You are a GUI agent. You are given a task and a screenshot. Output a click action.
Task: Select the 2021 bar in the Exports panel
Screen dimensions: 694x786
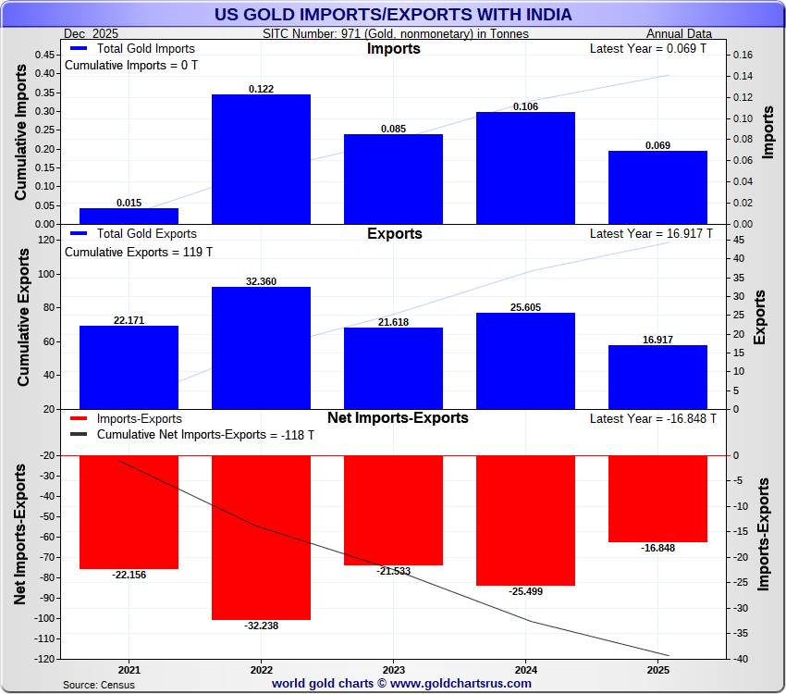pos(129,366)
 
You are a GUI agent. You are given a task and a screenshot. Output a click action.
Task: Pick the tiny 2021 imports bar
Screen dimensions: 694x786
pos(129,216)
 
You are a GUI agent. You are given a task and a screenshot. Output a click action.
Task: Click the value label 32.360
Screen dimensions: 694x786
pos(261,281)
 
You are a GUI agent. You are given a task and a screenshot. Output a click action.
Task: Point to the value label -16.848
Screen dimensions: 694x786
pos(657,548)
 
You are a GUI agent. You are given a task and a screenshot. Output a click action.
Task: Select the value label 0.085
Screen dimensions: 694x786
pos(393,129)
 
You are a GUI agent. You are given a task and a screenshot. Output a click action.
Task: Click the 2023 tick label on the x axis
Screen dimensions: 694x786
pos(393,669)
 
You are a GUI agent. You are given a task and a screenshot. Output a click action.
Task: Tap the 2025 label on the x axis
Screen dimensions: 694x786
pos(657,669)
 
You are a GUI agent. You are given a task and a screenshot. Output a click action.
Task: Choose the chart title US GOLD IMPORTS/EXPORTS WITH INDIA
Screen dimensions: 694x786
pos(393,15)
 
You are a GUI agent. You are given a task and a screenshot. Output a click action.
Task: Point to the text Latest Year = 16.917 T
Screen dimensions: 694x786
pos(651,234)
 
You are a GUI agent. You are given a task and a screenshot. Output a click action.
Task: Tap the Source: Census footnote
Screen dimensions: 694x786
pos(99,685)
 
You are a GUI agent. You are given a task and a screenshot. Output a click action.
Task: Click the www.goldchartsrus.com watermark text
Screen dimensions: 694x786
pos(462,684)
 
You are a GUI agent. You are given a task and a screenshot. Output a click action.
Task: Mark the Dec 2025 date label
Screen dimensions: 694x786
pos(91,33)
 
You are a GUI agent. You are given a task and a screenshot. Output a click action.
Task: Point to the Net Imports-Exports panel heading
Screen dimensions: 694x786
pos(398,418)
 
